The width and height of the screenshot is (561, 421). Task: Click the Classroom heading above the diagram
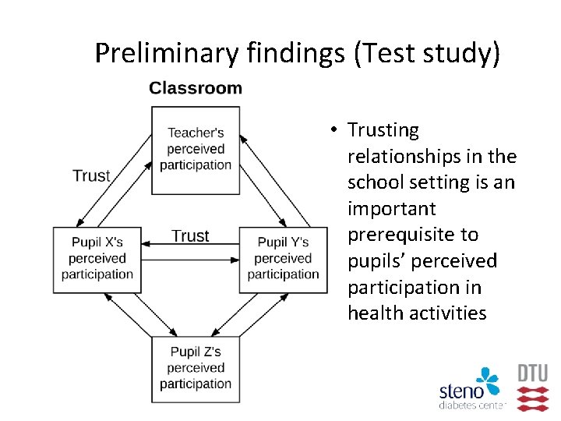[196, 88]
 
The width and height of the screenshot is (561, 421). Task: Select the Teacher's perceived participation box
[196, 150]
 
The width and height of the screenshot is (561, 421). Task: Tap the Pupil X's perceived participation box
[97, 259]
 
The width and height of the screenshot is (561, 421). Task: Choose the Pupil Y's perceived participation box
[283, 259]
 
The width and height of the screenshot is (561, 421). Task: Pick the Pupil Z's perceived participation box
[196, 368]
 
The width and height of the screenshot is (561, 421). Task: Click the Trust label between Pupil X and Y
[190, 235]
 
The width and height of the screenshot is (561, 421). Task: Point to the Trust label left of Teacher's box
[91, 175]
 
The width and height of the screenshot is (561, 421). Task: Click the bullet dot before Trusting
[332, 130]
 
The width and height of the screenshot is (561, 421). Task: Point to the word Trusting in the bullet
[383, 130]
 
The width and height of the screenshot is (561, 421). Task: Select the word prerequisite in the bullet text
[413, 235]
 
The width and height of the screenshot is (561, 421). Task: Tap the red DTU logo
[533, 387]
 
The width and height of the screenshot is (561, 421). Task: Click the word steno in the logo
[461, 391]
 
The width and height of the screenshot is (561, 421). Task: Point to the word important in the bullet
[391, 209]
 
